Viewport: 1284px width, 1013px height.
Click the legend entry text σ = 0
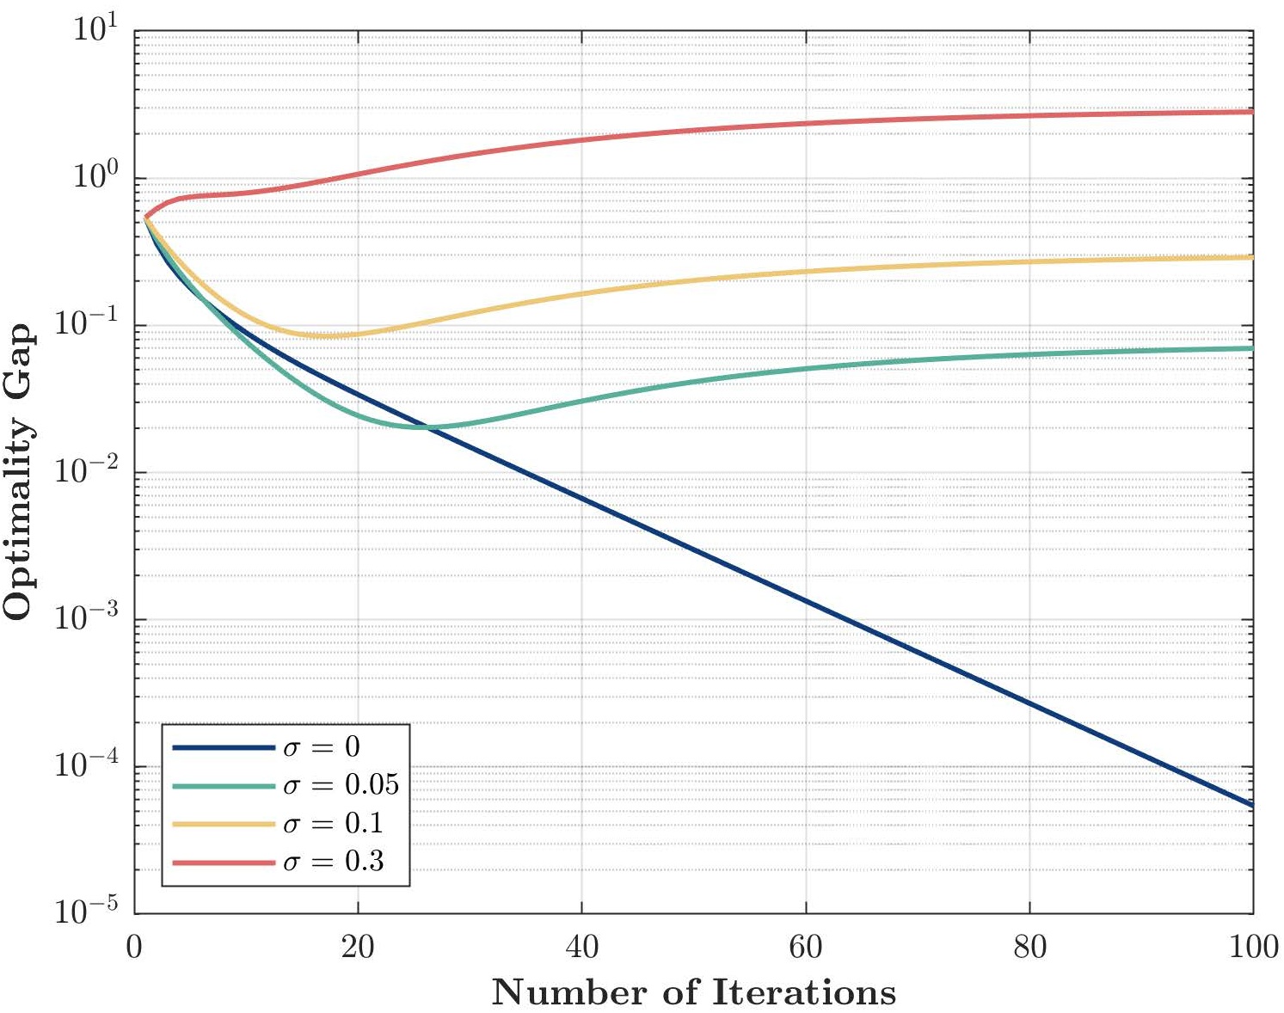click(x=322, y=746)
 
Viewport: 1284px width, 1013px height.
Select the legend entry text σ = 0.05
click(x=341, y=785)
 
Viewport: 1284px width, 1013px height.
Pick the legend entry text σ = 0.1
click(x=333, y=824)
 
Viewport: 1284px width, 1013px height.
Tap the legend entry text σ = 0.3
click(x=333, y=862)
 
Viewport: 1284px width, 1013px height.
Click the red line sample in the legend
click(x=224, y=862)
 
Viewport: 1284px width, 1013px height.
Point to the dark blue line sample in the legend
click(x=224, y=747)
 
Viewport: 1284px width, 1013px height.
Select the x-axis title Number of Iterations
click(x=693, y=992)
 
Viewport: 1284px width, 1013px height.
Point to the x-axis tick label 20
click(x=358, y=948)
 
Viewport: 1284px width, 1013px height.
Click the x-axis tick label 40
click(x=582, y=948)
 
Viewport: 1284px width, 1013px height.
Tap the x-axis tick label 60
click(x=806, y=948)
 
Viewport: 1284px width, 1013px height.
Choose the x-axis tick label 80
click(x=1029, y=948)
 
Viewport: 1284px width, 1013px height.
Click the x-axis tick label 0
click(x=135, y=948)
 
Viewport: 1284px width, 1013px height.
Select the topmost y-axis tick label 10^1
click(x=95, y=31)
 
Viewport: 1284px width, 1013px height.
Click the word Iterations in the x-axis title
click(x=804, y=992)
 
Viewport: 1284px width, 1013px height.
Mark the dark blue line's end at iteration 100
click(x=1252, y=806)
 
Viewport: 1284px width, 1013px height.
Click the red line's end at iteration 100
click(x=1252, y=112)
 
